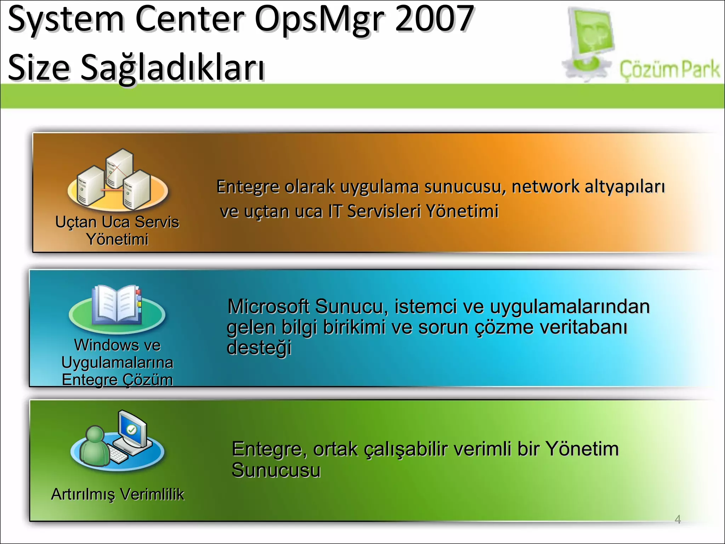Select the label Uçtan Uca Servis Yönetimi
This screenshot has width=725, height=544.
coord(117,231)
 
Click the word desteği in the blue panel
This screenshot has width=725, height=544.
coord(259,348)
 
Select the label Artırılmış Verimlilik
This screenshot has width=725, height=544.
coord(118,494)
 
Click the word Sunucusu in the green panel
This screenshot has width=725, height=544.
coord(276,470)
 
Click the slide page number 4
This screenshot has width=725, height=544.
coord(678,519)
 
